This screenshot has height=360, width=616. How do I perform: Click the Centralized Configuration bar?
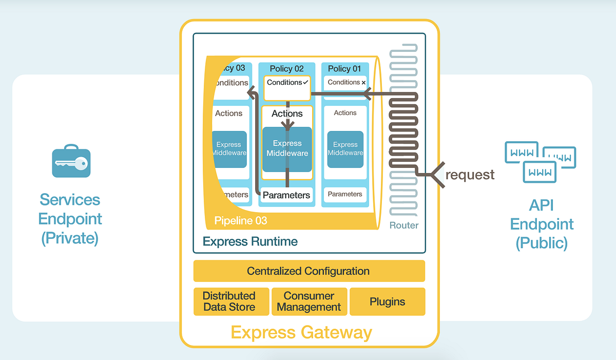pos(309,271)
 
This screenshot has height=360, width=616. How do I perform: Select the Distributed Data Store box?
pos(229,301)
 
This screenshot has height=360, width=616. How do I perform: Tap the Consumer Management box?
pos(309,301)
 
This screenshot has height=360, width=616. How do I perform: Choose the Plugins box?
pos(387,301)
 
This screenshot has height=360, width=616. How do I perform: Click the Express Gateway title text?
pos(301,332)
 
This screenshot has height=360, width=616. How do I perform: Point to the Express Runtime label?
pos(250,241)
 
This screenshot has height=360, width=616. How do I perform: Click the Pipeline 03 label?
pos(240,221)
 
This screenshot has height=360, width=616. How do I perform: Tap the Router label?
pos(404,225)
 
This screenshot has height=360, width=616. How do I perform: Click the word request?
pos(470,175)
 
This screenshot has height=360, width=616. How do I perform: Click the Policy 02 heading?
pos(286,69)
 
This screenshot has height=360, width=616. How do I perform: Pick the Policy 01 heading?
pos(344,69)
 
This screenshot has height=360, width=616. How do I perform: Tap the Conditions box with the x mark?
pos(345,83)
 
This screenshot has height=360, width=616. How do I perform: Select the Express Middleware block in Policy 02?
pos(287,149)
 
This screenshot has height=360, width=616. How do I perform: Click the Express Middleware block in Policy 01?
pos(345,149)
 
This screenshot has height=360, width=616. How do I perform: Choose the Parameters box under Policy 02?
pos(286,195)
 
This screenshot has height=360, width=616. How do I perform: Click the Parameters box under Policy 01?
pos(345,195)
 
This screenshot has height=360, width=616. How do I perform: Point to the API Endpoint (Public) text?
pos(542,224)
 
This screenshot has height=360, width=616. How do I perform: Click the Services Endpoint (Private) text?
pos(70,219)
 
